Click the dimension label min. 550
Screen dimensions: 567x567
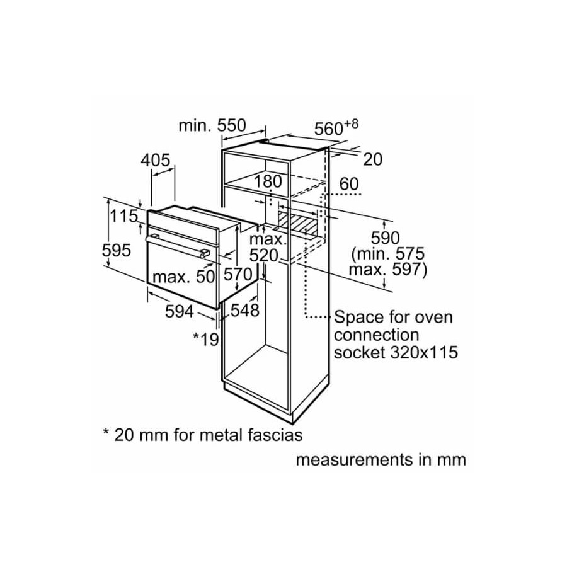(211, 125)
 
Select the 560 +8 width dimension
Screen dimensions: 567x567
(335, 127)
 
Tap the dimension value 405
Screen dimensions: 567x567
(155, 161)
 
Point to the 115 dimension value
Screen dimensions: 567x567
(124, 216)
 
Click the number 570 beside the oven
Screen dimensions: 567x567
(239, 275)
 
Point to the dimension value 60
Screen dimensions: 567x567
(348, 184)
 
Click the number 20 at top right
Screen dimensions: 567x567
(372, 160)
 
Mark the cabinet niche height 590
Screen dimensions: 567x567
(385, 238)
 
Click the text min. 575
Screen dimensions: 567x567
(389, 254)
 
